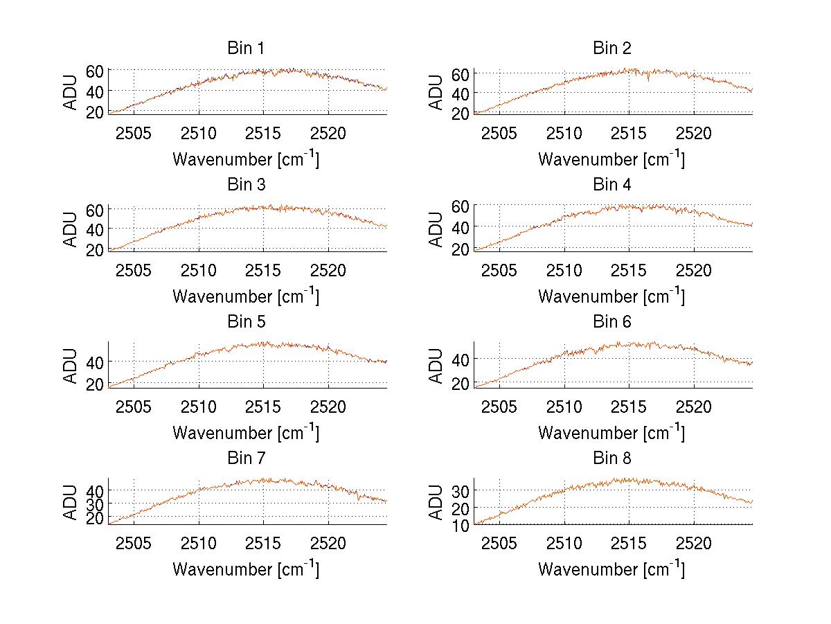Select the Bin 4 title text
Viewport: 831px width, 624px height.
[611, 185]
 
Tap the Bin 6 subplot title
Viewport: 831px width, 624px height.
[611, 322]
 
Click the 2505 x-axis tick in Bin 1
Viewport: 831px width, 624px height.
[134, 133]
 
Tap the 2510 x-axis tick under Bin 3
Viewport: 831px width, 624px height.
[199, 269]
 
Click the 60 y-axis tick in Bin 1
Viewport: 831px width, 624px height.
[95, 71]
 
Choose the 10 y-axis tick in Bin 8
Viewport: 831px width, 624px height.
[461, 525]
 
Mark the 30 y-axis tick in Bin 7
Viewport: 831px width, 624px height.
[95, 503]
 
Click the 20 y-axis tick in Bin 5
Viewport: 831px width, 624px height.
[95, 383]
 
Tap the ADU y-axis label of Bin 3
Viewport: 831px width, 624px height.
[71, 228]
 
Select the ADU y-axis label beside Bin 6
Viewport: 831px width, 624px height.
[437, 365]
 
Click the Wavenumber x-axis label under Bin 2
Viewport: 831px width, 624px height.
[611, 159]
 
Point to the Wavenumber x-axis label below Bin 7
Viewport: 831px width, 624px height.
[245, 569]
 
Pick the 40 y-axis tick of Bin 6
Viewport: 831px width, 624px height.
[461, 359]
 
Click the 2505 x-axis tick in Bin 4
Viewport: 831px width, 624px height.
[499, 269]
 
